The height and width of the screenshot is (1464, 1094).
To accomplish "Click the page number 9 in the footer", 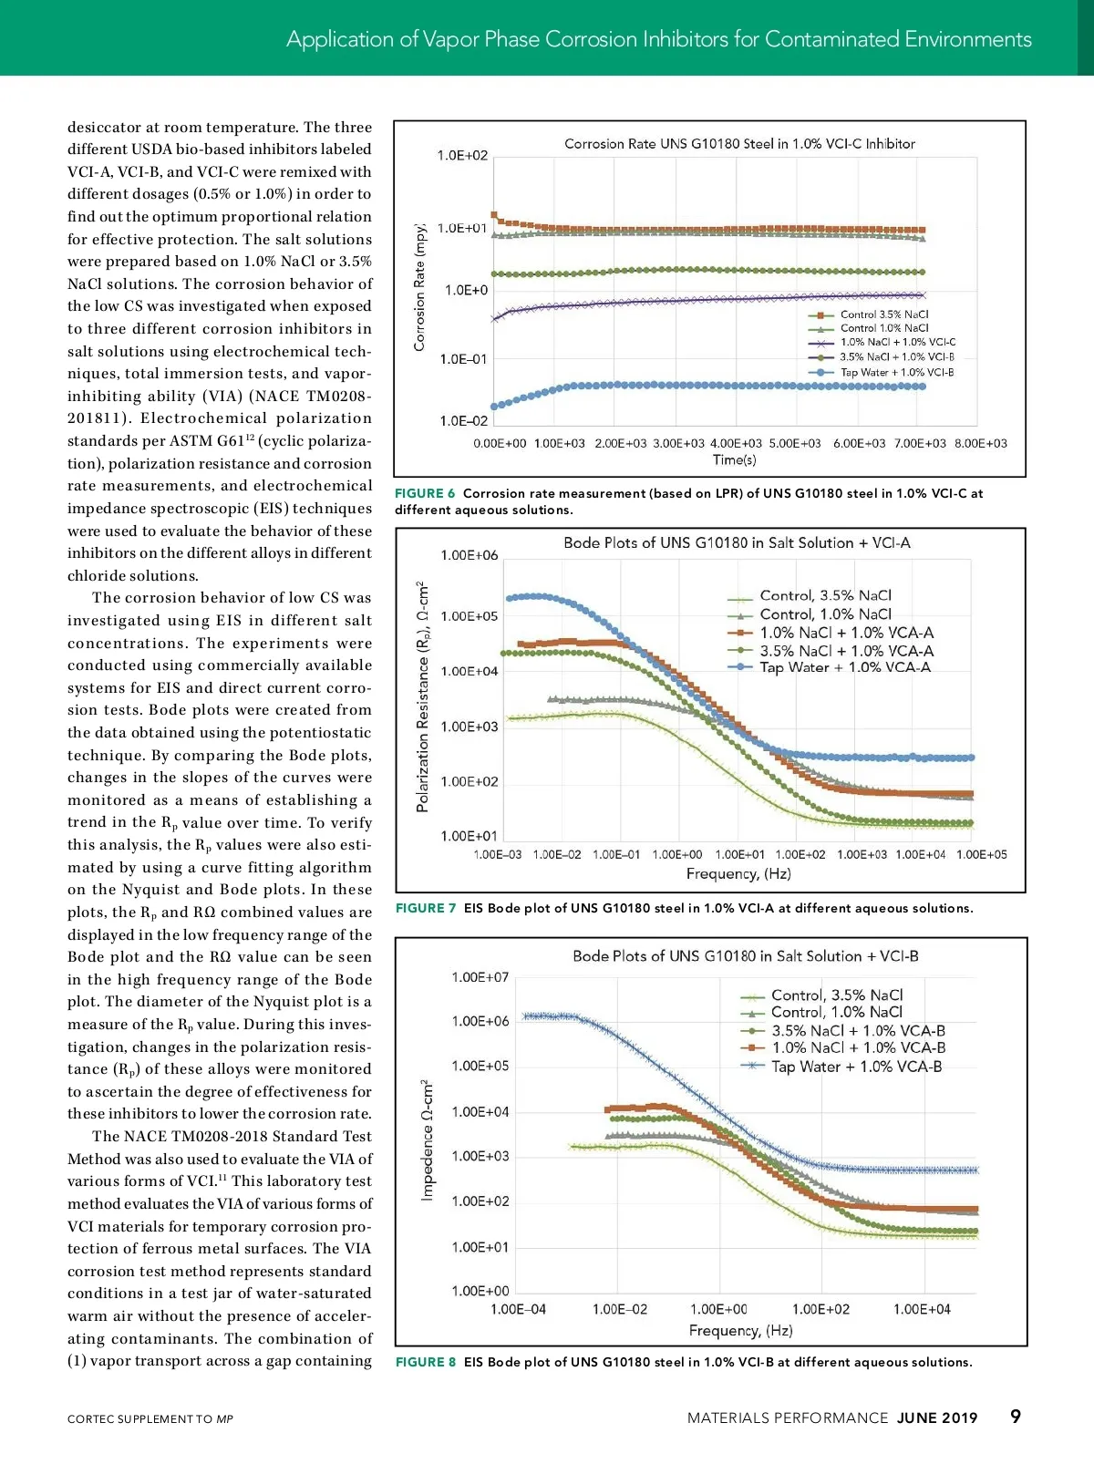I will [x=1016, y=1417].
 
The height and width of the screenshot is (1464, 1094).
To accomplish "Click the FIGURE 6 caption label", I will [x=425, y=493].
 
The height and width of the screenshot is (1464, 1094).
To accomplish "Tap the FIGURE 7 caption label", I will [x=426, y=908].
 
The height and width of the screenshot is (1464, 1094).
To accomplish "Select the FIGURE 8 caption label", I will [x=426, y=1362].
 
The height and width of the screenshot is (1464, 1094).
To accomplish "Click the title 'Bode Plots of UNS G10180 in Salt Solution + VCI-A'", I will [x=737, y=542].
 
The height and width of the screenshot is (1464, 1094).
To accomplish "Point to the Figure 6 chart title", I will [x=739, y=144].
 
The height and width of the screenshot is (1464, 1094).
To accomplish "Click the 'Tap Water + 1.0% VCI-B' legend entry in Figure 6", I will [x=896, y=372].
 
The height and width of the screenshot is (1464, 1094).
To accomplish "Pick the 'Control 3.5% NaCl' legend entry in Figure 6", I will [x=883, y=314].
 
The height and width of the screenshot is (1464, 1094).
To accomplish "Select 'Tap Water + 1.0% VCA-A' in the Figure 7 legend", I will [x=844, y=667].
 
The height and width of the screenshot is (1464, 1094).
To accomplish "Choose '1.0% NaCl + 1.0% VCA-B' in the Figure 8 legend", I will [x=858, y=1048].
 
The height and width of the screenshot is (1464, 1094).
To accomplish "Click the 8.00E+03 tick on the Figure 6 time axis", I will [x=981, y=443].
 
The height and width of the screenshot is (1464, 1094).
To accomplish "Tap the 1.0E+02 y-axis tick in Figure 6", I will [x=462, y=156].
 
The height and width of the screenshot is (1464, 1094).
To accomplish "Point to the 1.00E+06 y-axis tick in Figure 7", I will [x=470, y=555].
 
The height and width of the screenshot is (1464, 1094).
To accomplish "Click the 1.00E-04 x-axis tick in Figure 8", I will [x=518, y=1309].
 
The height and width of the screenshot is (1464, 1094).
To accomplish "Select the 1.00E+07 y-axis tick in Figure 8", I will [x=480, y=977].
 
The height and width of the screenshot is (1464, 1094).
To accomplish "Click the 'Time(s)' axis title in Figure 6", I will [x=734, y=459].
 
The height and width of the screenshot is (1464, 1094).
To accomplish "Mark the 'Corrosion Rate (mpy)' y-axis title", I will [x=420, y=286].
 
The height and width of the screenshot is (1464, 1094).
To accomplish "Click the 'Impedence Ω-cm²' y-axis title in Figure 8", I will [x=427, y=1139].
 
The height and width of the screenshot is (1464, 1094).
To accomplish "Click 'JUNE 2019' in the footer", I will [x=937, y=1418].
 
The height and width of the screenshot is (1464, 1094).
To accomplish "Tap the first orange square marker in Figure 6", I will [x=494, y=215].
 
